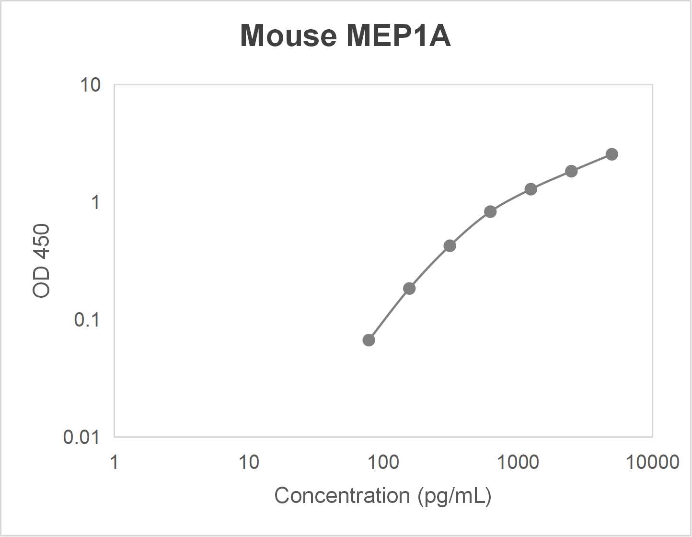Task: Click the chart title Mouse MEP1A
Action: (x=345, y=35)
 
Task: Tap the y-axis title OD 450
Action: (x=42, y=261)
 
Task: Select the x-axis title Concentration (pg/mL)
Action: (x=382, y=495)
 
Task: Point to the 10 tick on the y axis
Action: (x=90, y=85)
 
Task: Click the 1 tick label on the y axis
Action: (x=95, y=202)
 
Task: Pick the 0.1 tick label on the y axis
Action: (x=87, y=319)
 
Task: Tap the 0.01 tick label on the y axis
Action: (x=81, y=437)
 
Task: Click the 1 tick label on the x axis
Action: (x=114, y=462)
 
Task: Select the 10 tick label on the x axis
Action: (x=249, y=462)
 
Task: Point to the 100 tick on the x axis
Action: (x=383, y=462)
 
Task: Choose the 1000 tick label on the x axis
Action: (x=518, y=462)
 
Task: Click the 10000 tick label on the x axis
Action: (x=652, y=462)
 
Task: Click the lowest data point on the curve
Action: (x=369, y=340)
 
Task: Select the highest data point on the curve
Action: (x=611, y=154)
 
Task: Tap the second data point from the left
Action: (x=409, y=289)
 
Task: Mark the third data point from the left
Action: (x=450, y=246)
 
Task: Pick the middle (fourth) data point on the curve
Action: (x=490, y=211)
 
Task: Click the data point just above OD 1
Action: (x=531, y=189)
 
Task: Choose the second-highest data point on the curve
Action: (x=571, y=171)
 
